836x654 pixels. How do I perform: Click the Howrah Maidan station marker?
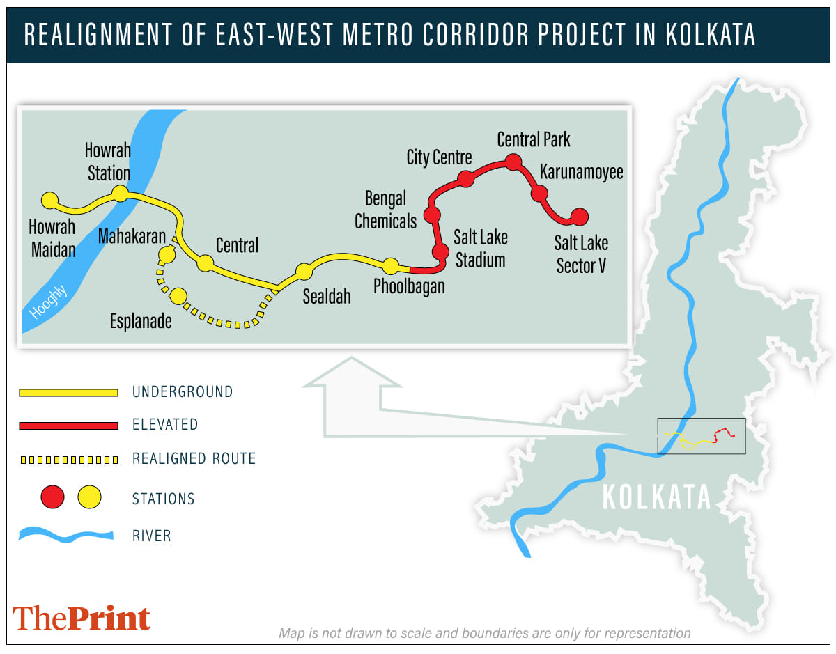49,201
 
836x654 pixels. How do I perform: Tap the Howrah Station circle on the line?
121,193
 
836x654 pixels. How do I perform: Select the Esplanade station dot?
178,296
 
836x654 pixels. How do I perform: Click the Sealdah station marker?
304,272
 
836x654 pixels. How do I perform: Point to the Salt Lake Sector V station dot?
579,217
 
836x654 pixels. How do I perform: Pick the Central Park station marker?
513,162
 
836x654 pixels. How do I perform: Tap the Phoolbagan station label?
409,286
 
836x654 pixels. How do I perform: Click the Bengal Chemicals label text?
385,210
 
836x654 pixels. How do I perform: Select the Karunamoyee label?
582,172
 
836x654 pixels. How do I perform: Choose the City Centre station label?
439,157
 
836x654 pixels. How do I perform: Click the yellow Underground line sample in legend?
68,393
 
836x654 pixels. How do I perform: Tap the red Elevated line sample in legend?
68,425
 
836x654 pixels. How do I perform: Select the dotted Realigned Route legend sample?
68,460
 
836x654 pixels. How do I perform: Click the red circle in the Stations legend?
53,497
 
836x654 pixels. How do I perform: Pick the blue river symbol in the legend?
66,536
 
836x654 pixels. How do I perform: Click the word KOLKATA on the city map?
656,497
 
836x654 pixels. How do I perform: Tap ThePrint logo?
82,618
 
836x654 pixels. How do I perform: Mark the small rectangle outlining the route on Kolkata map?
701,437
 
